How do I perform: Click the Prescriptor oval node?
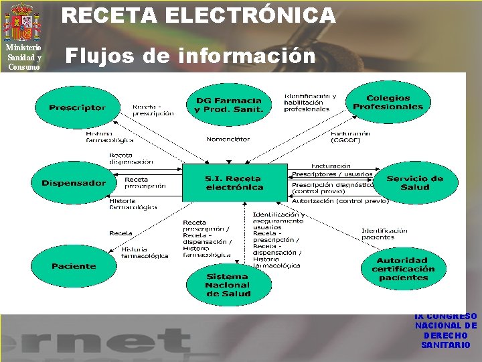click(x=77, y=107)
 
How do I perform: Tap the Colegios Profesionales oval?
click(x=388, y=102)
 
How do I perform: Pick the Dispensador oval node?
click(x=73, y=183)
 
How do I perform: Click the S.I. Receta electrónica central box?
click(x=234, y=182)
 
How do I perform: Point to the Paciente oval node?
click(x=73, y=266)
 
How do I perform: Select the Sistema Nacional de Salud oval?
click(x=227, y=285)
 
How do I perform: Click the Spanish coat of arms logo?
click(x=23, y=21)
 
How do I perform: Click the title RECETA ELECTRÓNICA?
click(x=199, y=15)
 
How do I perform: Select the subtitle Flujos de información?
click(x=190, y=56)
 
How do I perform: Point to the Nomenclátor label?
click(x=228, y=139)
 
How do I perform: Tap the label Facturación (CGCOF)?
click(x=351, y=137)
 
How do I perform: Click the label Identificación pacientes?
click(x=384, y=233)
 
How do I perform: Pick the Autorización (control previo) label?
click(x=340, y=200)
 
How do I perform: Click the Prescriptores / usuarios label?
click(x=332, y=174)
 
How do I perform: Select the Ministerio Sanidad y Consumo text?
click(x=23, y=57)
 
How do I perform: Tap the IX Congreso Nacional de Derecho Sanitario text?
click(x=446, y=330)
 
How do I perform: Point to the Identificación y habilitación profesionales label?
click(x=310, y=102)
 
